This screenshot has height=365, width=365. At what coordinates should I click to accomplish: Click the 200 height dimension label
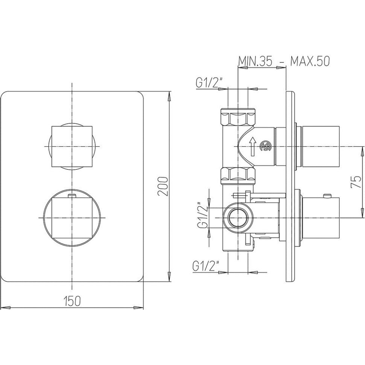point(163,187)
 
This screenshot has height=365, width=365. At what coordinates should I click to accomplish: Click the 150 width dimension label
point(72,301)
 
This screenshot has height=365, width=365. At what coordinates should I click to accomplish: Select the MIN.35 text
point(255,61)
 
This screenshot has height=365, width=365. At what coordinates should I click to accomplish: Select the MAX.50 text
point(310,61)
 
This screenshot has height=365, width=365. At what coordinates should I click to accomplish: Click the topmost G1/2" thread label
point(209,82)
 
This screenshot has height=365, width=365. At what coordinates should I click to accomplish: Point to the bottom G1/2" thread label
point(206,266)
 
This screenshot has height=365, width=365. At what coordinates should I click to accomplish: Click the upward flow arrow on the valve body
point(252,146)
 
